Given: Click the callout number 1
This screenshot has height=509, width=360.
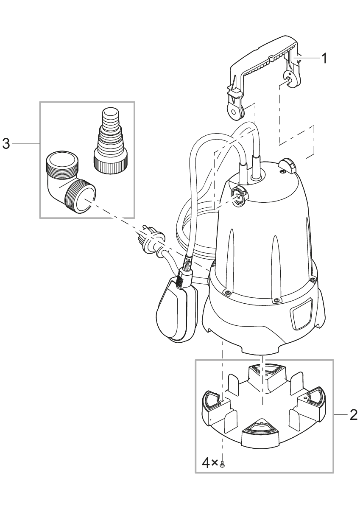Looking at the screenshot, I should [x=324, y=59].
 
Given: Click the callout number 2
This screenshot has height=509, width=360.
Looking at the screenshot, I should [x=352, y=414].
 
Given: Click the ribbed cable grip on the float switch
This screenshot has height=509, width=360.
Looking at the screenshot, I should [x=183, y=278].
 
